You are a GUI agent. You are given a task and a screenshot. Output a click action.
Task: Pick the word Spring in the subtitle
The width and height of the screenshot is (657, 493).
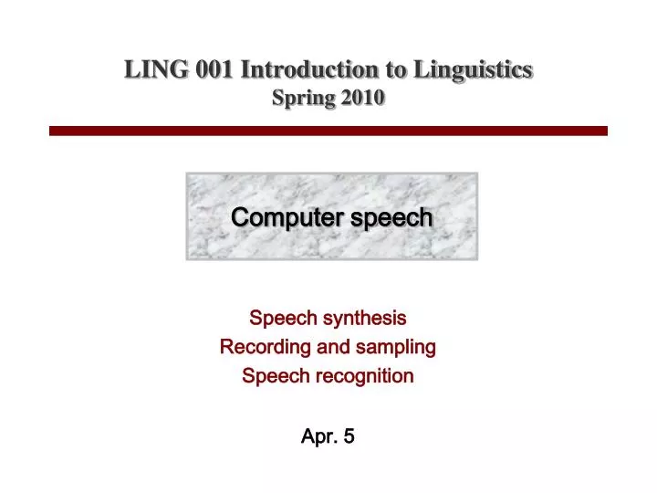(303, 99)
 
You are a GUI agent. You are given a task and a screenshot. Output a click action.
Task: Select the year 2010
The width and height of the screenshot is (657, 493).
(362, 99)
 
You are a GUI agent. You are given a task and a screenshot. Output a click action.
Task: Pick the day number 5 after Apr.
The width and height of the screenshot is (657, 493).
(349, 436)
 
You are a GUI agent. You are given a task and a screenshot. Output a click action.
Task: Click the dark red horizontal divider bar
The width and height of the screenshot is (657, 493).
(328, 131)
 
